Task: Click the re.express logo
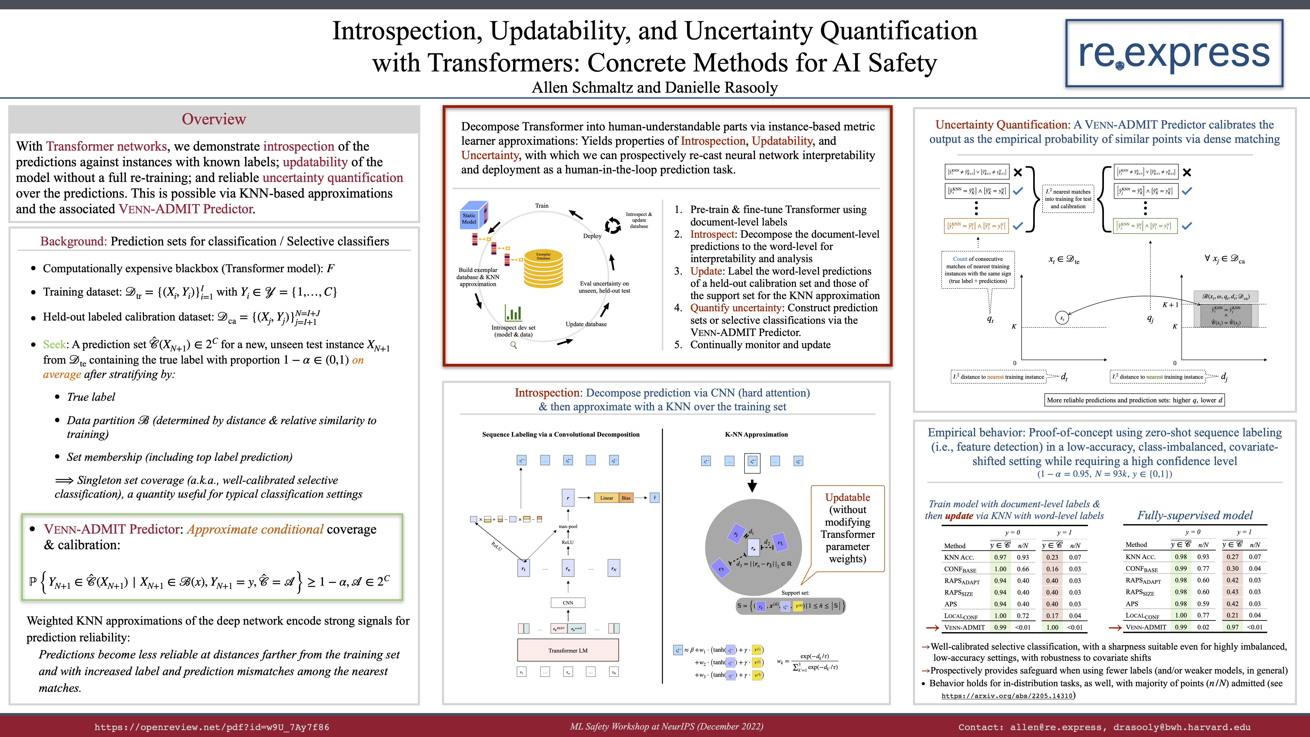tap(1174, 53)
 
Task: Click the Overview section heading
tap(214, 119)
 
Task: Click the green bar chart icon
tap(513, 312)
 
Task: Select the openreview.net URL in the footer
tap(212, 727)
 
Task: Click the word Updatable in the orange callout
tap(847, 497)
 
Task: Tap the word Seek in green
tap(54, 344)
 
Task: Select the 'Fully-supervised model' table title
tap(1194, 515)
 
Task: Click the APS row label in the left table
tap(950, 604)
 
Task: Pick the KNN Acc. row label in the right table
tap(1141, 556)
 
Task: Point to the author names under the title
tap(655, 87)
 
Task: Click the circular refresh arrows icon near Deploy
tap(613, 225)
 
